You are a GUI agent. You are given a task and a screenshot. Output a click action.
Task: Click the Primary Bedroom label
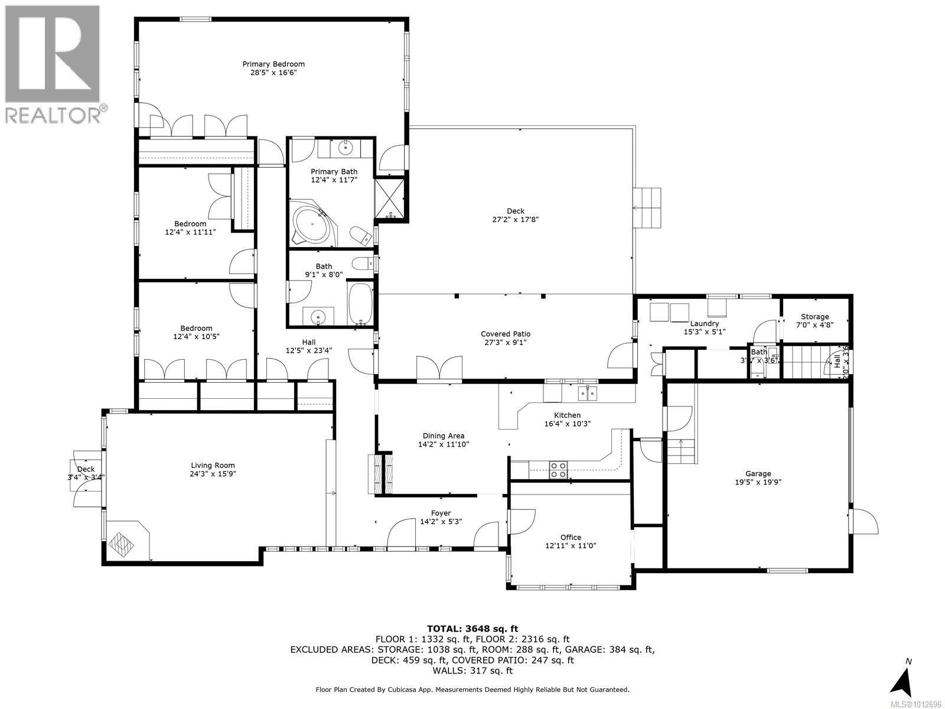[273, 64]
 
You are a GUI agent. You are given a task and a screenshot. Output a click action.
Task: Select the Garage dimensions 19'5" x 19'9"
[758, 482]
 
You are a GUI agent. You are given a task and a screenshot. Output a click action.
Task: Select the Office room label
[571, 537]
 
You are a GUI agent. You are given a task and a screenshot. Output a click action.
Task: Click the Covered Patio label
[506, 334]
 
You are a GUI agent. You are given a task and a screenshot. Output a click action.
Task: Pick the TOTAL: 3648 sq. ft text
[472, 629]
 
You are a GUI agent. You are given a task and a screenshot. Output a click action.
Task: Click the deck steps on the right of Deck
[647, 208]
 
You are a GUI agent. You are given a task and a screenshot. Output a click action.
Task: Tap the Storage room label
[814, 317]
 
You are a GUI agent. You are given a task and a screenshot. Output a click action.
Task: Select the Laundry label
[704, 323]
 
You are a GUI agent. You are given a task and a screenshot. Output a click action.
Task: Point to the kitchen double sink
[588, 392]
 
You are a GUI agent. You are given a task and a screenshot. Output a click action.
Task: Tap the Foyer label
[441, 513]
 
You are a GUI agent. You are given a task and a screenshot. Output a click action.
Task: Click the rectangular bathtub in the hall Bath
[360, 304]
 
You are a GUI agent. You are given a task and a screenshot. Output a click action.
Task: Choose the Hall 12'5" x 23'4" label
[308, 346]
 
